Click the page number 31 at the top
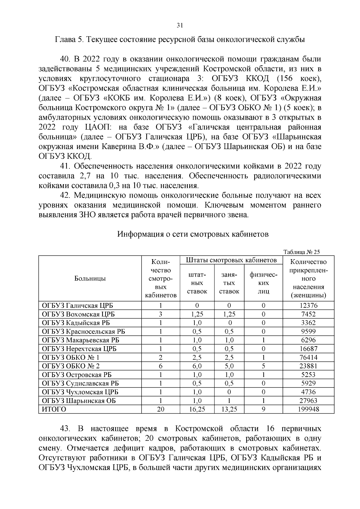(x=180, y=25)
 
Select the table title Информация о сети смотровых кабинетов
(x=193, y=234)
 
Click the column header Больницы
(x=90, y=279)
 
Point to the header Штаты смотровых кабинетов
(x=231, y=260)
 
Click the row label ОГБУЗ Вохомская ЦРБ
(x=78, y=314)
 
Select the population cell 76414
(x=308, y=358)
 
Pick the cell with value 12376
(x=308, y=306)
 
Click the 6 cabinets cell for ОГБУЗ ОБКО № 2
(x=160, y=366)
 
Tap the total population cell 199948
(x=308, y=409)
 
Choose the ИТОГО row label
(x=54, y=409)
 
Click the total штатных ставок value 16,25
(x=197, y=409)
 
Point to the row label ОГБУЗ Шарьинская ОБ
(x=79, y=401)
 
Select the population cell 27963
(x=308, y=401)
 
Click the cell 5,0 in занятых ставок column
(x=229, y=366)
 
